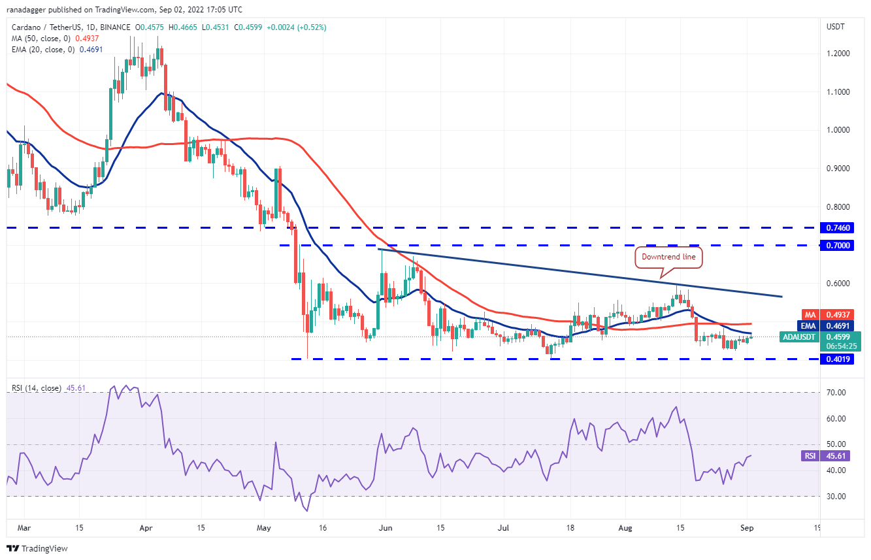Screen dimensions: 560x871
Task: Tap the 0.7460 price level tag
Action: [840, 228]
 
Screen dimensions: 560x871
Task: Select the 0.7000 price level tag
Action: [840, 245]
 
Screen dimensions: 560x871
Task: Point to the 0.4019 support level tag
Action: [840, 359]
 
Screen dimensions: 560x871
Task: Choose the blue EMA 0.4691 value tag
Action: [840, 325]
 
